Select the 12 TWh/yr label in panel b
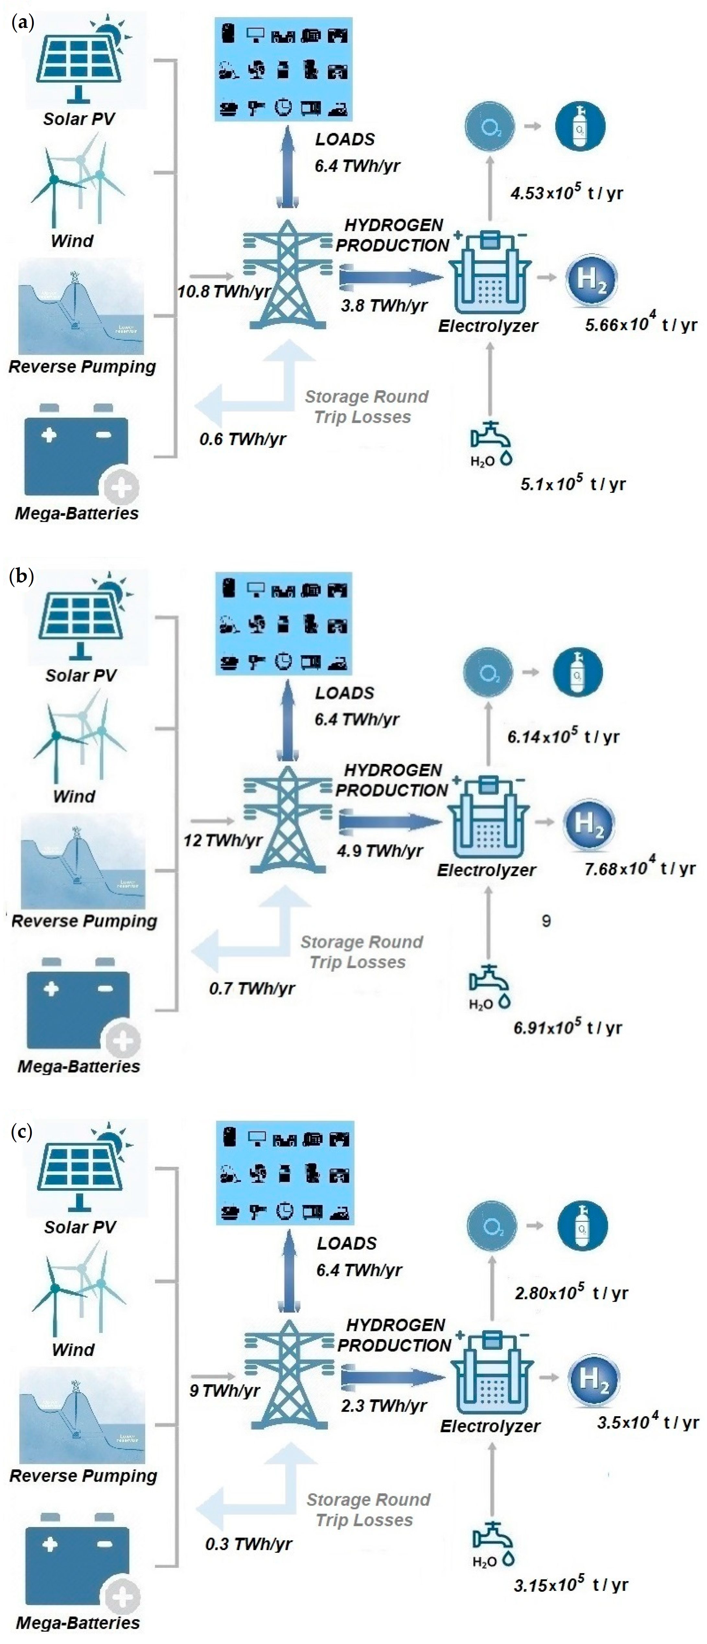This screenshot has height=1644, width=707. click(223, 840)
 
